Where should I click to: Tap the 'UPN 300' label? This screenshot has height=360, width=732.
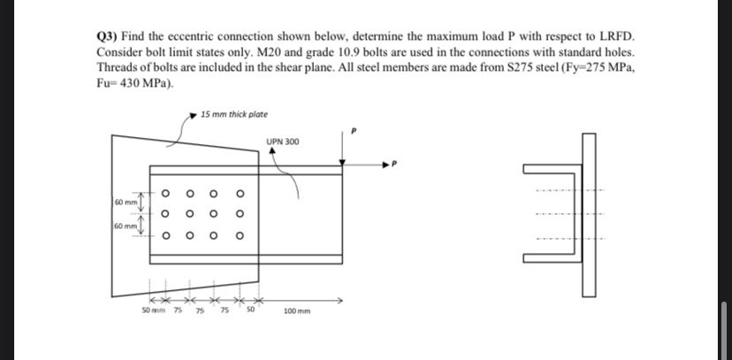283,142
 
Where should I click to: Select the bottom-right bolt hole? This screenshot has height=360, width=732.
240,235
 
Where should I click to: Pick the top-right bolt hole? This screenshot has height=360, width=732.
240,194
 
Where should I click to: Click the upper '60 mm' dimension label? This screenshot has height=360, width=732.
125,204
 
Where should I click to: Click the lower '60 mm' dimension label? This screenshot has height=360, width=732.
125,227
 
